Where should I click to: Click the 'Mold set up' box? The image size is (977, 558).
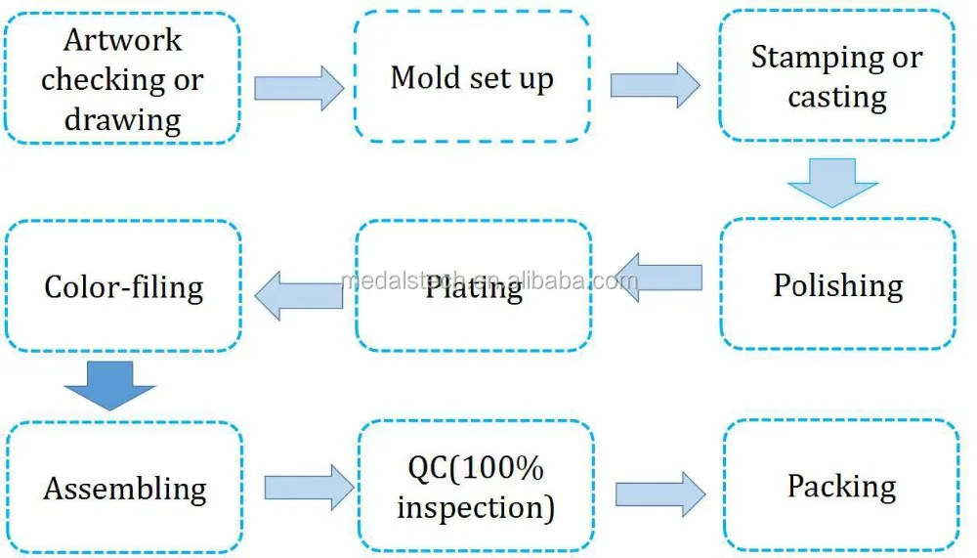tap(472, 78)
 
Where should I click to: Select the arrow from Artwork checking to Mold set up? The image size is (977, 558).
tap(298, 88)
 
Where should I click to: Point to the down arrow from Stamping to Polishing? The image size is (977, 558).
tap(833, 184)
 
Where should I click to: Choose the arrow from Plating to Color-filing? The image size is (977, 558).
tap(299, 293)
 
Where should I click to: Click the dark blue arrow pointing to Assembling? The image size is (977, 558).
tap(109, 383)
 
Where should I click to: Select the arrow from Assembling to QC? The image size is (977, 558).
tap(308, 487)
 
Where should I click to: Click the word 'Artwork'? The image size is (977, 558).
tap(122, 40)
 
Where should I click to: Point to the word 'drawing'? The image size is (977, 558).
tap(122, 120)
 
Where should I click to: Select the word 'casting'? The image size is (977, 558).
tap(837, 98)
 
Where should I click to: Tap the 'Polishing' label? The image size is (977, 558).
tap(838, 285)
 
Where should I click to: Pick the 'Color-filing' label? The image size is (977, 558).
tap(124, 287)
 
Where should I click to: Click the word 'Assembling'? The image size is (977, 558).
tap(124, 489)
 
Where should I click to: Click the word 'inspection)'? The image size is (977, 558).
tap(476, 508)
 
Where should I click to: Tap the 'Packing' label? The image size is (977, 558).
tap(841, 487)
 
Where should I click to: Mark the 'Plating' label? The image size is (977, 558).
tap(474, 289)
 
